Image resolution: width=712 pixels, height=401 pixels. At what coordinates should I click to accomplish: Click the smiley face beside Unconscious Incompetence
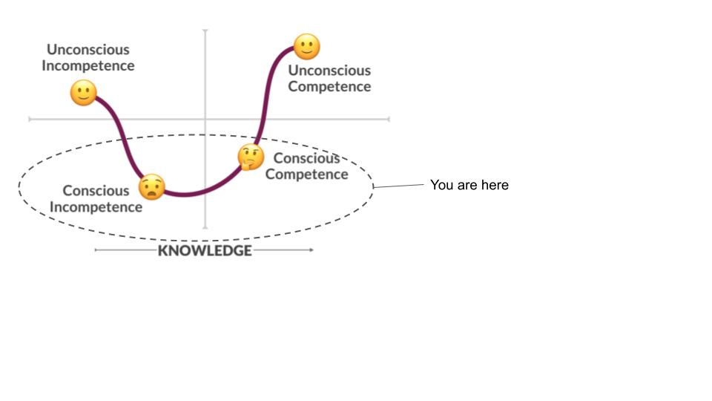(83, 93)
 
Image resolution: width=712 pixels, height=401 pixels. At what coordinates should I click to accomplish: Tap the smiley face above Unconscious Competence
(306, 47)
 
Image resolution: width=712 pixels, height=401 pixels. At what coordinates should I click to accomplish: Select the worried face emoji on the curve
(151, 186)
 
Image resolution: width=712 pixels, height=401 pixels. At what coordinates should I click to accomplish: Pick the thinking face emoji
(251, 157)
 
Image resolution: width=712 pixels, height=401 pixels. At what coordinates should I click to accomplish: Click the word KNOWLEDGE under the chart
(205, 250)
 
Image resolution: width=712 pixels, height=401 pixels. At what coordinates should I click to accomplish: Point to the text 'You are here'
(469, 185)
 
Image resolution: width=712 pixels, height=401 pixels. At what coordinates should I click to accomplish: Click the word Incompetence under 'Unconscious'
(88, 65)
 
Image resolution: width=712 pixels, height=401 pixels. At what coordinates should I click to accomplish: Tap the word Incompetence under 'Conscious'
(96, 206)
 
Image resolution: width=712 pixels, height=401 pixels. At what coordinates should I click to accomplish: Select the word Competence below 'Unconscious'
(329, 86)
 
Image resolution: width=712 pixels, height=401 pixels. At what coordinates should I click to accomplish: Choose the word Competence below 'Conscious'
(306, 175)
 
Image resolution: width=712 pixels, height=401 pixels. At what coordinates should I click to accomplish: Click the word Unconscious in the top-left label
(88, 50)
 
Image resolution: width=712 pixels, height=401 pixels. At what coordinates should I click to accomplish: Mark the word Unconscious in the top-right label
(329, 71)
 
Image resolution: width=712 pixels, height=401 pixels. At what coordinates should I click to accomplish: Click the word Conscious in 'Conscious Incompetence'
(96, 191)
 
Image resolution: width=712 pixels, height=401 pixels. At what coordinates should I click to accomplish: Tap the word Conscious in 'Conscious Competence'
(306, 158)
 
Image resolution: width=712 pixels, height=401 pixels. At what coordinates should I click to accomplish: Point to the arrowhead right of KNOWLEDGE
(311, 250)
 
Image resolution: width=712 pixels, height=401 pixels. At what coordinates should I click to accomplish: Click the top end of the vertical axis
(205, 31)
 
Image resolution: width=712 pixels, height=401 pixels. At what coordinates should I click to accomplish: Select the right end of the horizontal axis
(388, 119)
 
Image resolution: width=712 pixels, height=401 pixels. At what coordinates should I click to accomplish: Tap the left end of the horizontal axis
(30, 119)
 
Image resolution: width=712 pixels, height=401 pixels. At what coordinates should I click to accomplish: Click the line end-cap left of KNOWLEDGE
(96, 250)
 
